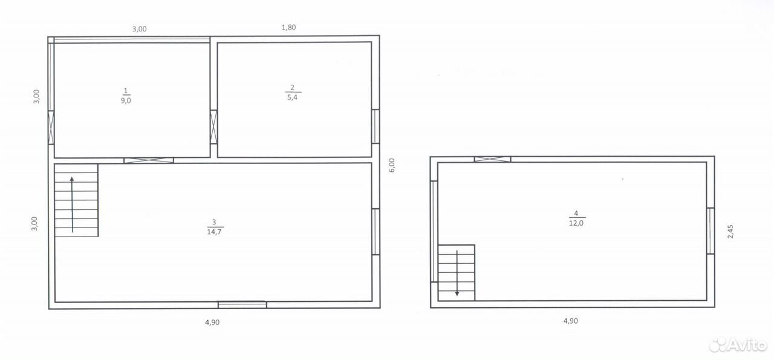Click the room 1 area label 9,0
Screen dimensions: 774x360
[x=126, y=100]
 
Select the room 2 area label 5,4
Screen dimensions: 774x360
[x=292, y=97]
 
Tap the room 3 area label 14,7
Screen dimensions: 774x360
[x=214, y=232]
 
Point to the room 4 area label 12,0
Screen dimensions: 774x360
[x=576, y=223]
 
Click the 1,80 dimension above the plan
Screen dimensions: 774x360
[x=289, y=27]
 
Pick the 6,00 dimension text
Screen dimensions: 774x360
[x=391, y=165]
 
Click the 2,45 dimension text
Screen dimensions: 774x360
[x=730, y=232]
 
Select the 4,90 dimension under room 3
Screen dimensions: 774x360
[x=212, y=322]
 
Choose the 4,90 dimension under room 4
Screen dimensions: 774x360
[x=571, y=321]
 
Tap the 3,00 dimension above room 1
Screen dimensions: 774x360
[x=140, y=29]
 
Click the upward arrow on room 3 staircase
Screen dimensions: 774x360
[x=72, y=205]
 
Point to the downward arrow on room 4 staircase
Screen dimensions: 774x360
[x=457, y=273]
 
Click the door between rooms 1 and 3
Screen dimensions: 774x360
[x=149, y=160]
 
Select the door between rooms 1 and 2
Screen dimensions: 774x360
[x=214, y=127]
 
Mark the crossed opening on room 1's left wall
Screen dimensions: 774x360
[x=51, y=127]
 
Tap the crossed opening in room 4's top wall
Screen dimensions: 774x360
[x=492, y=159]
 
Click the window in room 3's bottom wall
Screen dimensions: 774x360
[x=242, y=305]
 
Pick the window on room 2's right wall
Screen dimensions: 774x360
[x=376, y=126]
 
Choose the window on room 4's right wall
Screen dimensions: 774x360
[x=711, y=231]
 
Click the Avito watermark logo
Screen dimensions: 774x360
[x=738, y=345]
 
